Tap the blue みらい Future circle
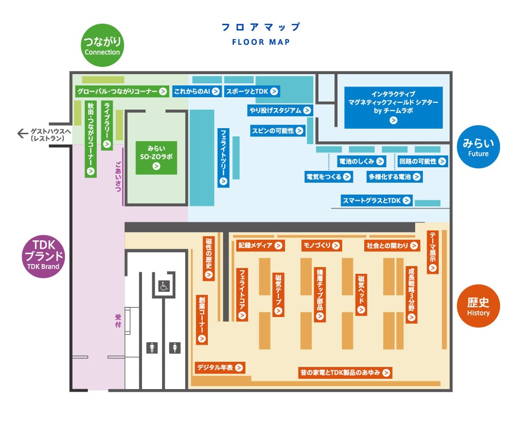[x=478, y=146]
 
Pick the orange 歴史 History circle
[x=478, y=306]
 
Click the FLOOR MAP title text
[x=260, y=42]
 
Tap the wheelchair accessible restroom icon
[x=163, y=284]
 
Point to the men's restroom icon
[x=152, y=348]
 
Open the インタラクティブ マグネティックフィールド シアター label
[x=393, y=107]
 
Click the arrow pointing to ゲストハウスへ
[x=22, y=134]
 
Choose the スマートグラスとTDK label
[x=377, y=200]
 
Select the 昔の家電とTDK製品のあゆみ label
[x=345, y=373]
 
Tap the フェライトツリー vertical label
[x=223, y=157]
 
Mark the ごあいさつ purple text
[x=118, y=177]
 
